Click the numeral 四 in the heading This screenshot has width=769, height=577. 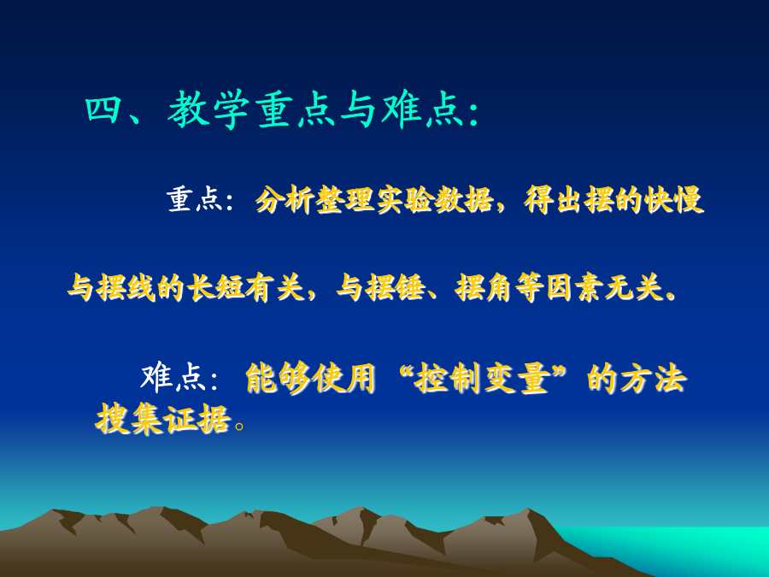[x=104, y=110]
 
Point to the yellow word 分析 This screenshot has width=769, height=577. [x=285, y=200]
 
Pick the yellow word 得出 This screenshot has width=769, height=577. [x=555, y=200]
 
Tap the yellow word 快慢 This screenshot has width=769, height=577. [x=674, y=200]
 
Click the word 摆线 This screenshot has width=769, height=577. [x=126, y=287]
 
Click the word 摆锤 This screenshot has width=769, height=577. [x=396, y=287]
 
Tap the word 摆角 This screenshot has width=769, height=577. [x=484, y=287]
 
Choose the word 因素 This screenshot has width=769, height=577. [x=575, y=287]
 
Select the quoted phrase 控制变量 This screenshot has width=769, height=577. [x=483, y=379]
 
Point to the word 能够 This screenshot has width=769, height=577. [x=278, y=379]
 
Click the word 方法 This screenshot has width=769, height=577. [x=653, y=379]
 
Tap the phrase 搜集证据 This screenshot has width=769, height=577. [x=163, y=419]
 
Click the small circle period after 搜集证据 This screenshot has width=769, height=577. [x=239, y=426]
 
